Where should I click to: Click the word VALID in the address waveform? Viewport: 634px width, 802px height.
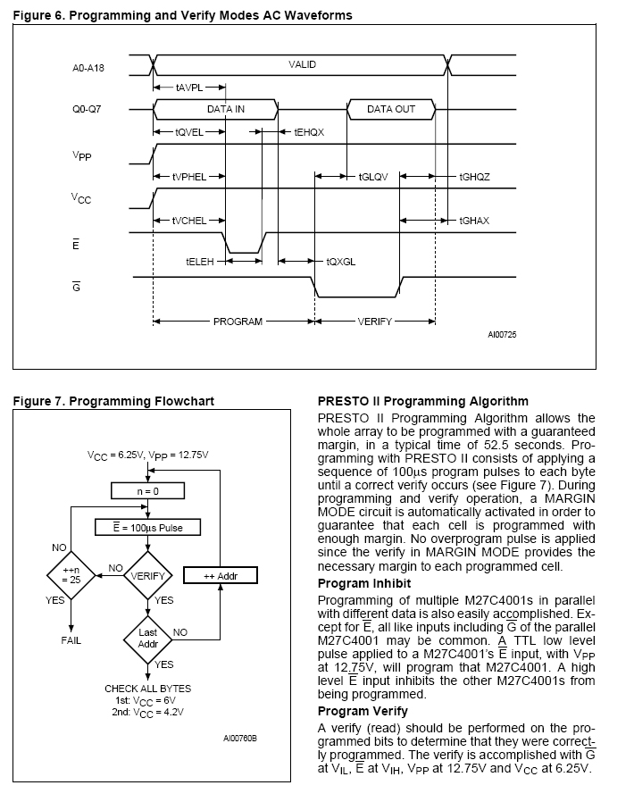(302, 64)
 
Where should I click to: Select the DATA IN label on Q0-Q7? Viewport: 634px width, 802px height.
(226, 109)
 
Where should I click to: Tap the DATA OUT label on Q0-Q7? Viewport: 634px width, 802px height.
(391, 109)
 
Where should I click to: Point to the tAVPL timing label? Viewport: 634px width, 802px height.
(188, 87)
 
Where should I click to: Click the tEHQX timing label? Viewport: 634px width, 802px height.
(308, 131)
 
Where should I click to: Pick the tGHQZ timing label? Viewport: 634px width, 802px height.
(474, 177)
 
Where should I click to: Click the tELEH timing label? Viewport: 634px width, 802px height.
(198, 262)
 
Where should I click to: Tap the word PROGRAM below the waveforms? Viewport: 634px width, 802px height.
(238, 322)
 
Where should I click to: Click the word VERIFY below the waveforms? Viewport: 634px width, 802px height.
(375, 322)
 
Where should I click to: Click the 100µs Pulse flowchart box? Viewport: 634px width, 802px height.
(151, 528)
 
